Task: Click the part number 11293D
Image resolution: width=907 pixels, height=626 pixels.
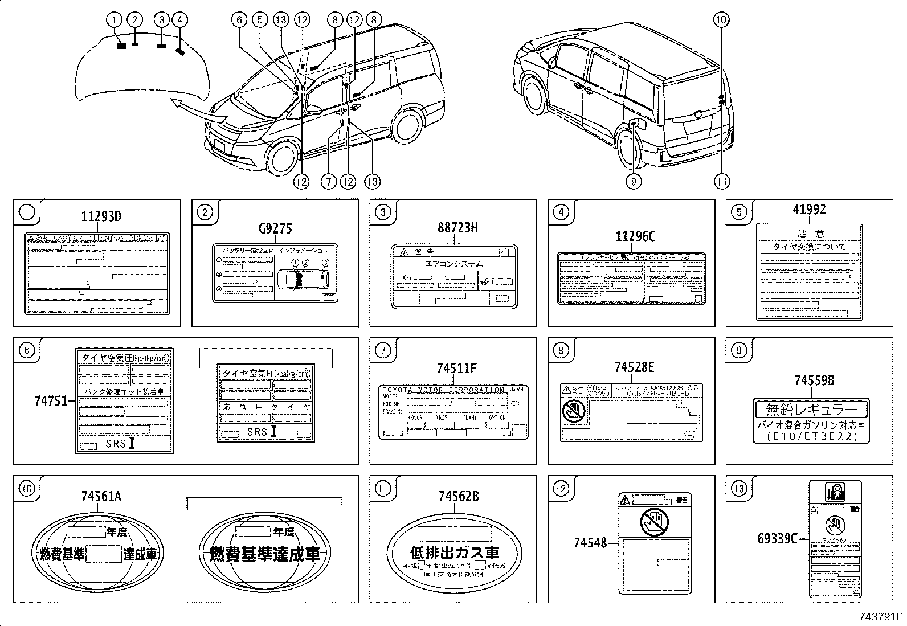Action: point(101,217)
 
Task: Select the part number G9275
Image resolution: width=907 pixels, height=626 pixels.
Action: point(275,229)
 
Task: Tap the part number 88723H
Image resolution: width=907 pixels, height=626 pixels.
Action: point(457,228)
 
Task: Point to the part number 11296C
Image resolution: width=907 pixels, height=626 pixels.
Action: point(635,236)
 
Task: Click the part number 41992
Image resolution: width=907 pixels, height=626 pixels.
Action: point(808,210)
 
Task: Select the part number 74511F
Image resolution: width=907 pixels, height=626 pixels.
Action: point(456,369)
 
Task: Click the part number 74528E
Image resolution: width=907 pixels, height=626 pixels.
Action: point(634,367)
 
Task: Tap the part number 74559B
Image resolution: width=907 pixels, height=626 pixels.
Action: point(811,381)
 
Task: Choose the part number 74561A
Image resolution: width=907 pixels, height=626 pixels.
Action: point(101,497)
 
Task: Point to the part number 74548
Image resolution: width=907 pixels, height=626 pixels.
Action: point(590,543)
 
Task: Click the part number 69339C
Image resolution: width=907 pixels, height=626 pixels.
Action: point(777,538)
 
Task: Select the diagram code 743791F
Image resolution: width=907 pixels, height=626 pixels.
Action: point(881,617)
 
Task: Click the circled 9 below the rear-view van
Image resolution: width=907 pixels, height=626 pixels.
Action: point(634,181)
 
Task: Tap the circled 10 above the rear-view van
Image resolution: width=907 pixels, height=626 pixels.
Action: point(721,20)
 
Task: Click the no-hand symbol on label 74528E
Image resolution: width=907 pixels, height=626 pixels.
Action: point(573,411)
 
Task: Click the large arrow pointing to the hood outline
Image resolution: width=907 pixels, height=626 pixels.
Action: point(194,109)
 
